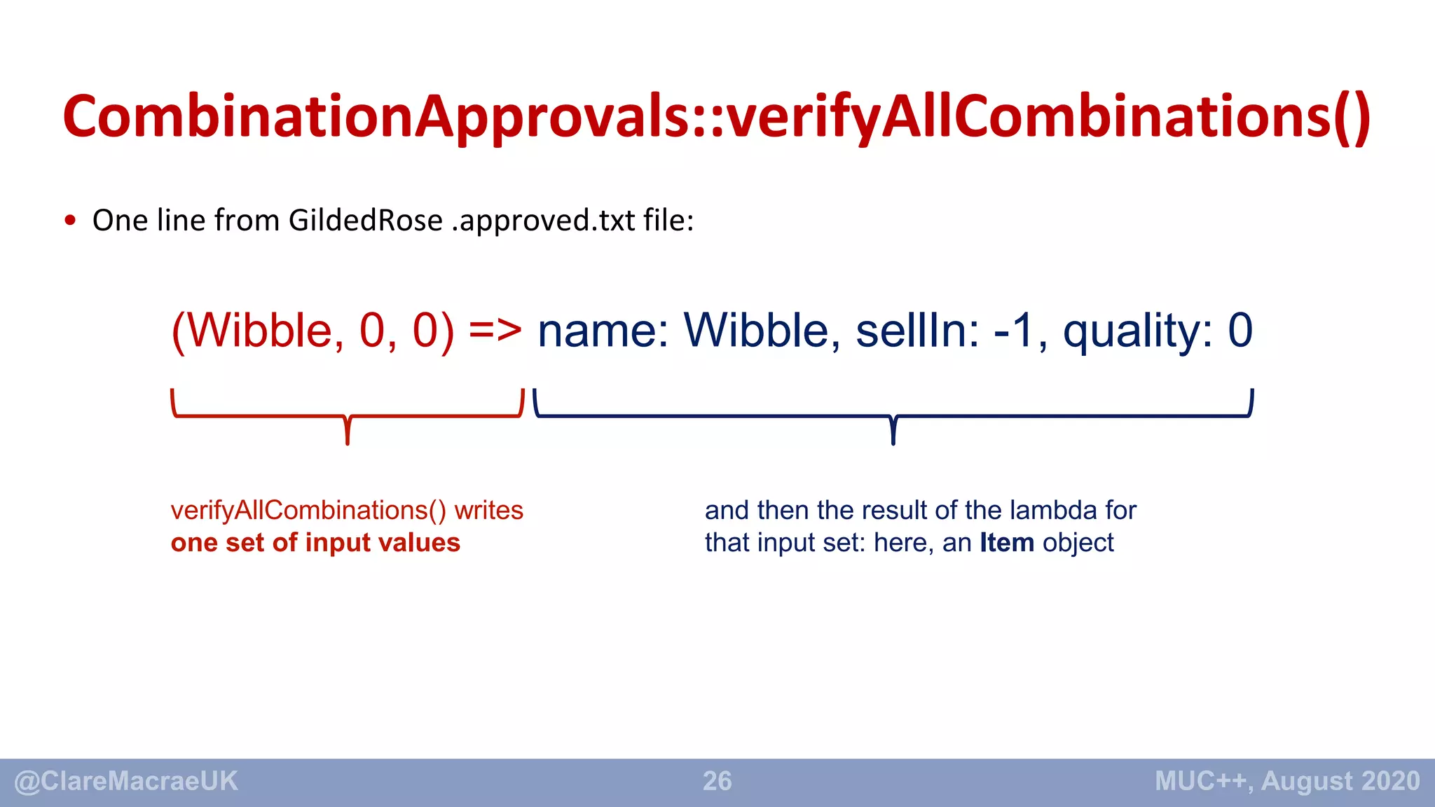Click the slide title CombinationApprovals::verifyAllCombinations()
pyautogui.click(x=716, y=116)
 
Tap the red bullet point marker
pyautogui.click(x=70, y=221)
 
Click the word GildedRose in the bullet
pyautogui.click(x=365, y=221)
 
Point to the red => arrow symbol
pyautogui.click(x=495, y=330)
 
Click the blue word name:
pyautogui.click(x=603, y=330)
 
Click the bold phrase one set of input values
pyautogui.click(x=315, y=543)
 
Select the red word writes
pyautogui.click(x=488, y=510)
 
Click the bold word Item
pyautogui.click(x=1006, y=543)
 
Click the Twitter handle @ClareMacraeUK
pyautogui.click(x=126, y=781)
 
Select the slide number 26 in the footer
pyautogui.click(x=717, y=781)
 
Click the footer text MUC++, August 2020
pyautogui.click(x=1287, y=781)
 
